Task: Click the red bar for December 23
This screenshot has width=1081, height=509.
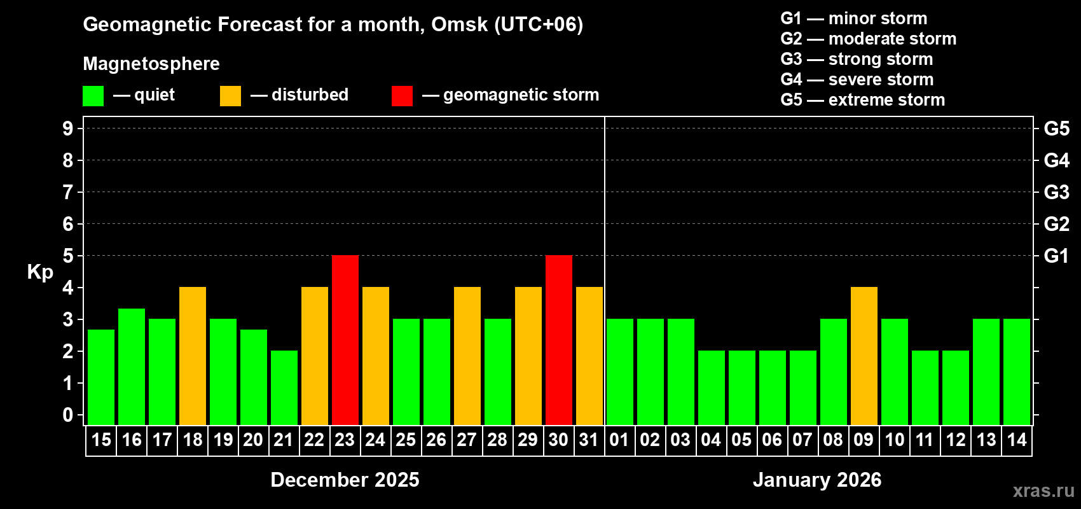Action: pos(345,340)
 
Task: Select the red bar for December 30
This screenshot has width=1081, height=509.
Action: pos(558,340)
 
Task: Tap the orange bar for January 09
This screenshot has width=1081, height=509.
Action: pos(864,356)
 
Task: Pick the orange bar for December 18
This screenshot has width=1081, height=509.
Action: pos(192,356)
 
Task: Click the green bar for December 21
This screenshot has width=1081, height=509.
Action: pos(284,387)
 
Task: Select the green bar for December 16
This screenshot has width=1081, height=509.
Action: pos(131,366)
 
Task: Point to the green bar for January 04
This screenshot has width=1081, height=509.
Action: pos(711,387)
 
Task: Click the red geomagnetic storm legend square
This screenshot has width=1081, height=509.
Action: pos(402,96)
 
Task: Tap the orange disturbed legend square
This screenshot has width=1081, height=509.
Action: pos(230,96)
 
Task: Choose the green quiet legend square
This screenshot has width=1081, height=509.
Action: pos(93,96)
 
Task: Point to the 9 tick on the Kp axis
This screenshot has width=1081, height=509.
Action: pos(68,129)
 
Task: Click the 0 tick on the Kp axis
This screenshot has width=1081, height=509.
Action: pos(68,415)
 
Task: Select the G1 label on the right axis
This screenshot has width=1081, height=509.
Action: pos(1056,256)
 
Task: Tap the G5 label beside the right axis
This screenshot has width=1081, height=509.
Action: pos(1056,129)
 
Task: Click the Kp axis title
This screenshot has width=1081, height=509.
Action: pos(40,272)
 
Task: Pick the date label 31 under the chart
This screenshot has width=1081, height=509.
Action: pos(589,440)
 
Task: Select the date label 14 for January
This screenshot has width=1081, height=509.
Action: pos(1017,440)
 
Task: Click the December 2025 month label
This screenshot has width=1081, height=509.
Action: pos(345,480)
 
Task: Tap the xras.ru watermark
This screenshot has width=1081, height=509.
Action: pos(1043,491)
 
